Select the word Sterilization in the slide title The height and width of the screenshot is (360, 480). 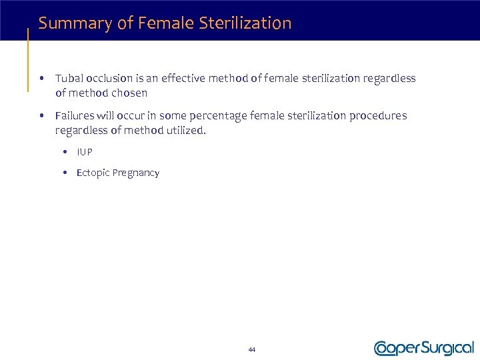[247, 23]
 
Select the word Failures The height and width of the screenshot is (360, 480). [75, 116]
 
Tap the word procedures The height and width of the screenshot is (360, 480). [377, 116]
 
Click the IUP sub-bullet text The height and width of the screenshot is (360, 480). [85, 152]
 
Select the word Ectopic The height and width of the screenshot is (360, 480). [92, 173]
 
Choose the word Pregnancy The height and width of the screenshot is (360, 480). [136, 173]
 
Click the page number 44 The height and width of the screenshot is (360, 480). [251, 350]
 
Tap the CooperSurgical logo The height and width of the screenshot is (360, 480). [424, 348]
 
